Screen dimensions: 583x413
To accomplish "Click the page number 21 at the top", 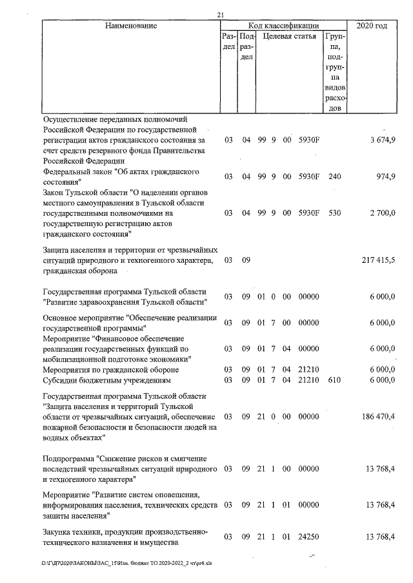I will point(221,15).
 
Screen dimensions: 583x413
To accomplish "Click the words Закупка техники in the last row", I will point(75,531).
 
